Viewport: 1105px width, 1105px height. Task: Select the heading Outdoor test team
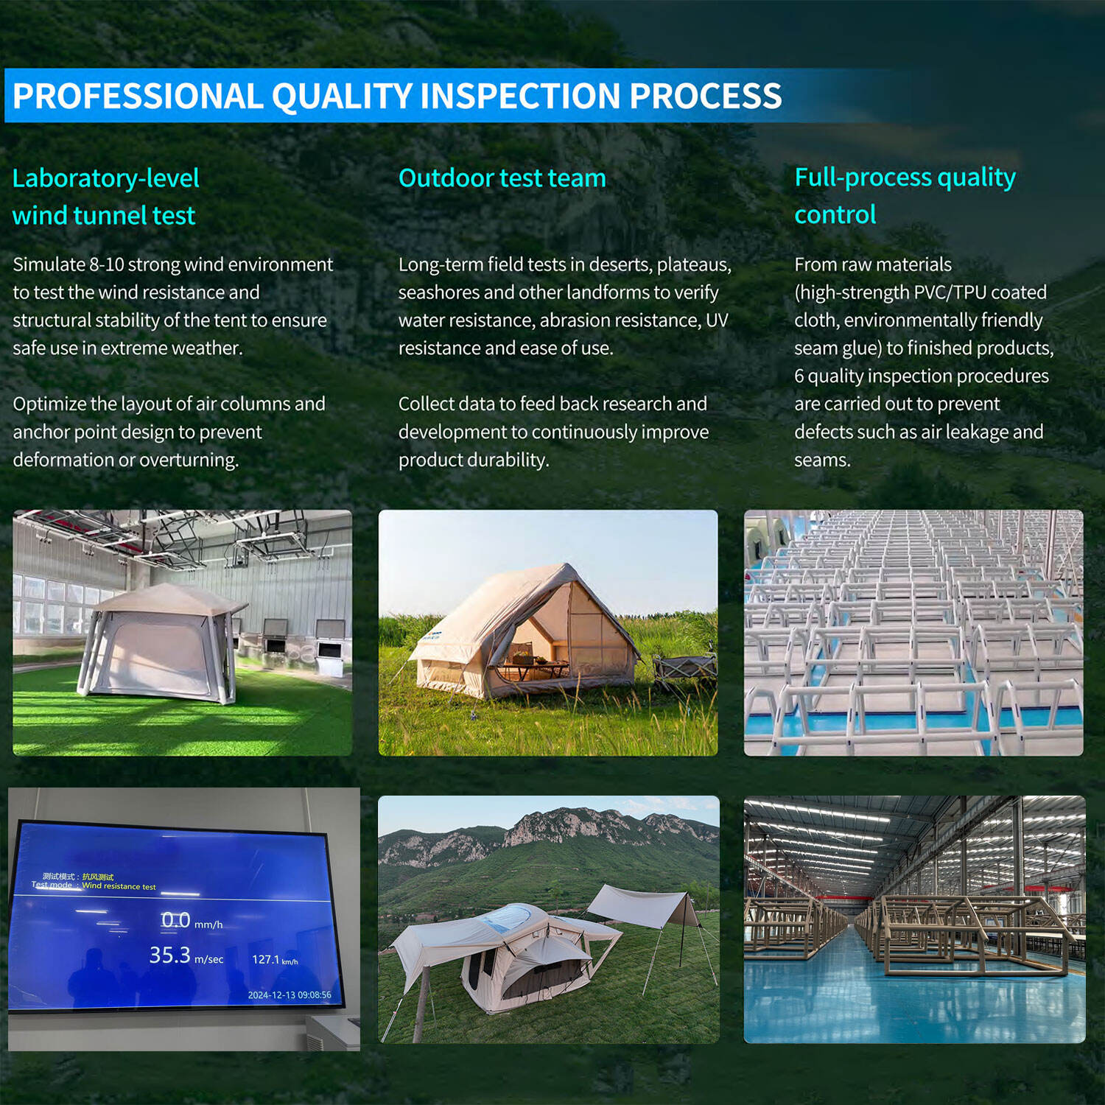tap(502, 178)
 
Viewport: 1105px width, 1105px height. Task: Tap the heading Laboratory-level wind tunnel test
tap(106, 197)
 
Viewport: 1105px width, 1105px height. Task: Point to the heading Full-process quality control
tap(905, 196)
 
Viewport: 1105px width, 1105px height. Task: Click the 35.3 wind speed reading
tap(170, 955)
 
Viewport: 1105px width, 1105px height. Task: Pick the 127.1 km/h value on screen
tap(275, 959)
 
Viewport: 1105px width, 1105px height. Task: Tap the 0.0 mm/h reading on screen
tap(192, 920)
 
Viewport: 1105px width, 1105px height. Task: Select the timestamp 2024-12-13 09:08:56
tap(290, 994)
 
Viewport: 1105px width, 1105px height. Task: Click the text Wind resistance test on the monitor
tap(119, 886)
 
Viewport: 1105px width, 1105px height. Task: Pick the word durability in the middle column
tap(508, 460)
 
